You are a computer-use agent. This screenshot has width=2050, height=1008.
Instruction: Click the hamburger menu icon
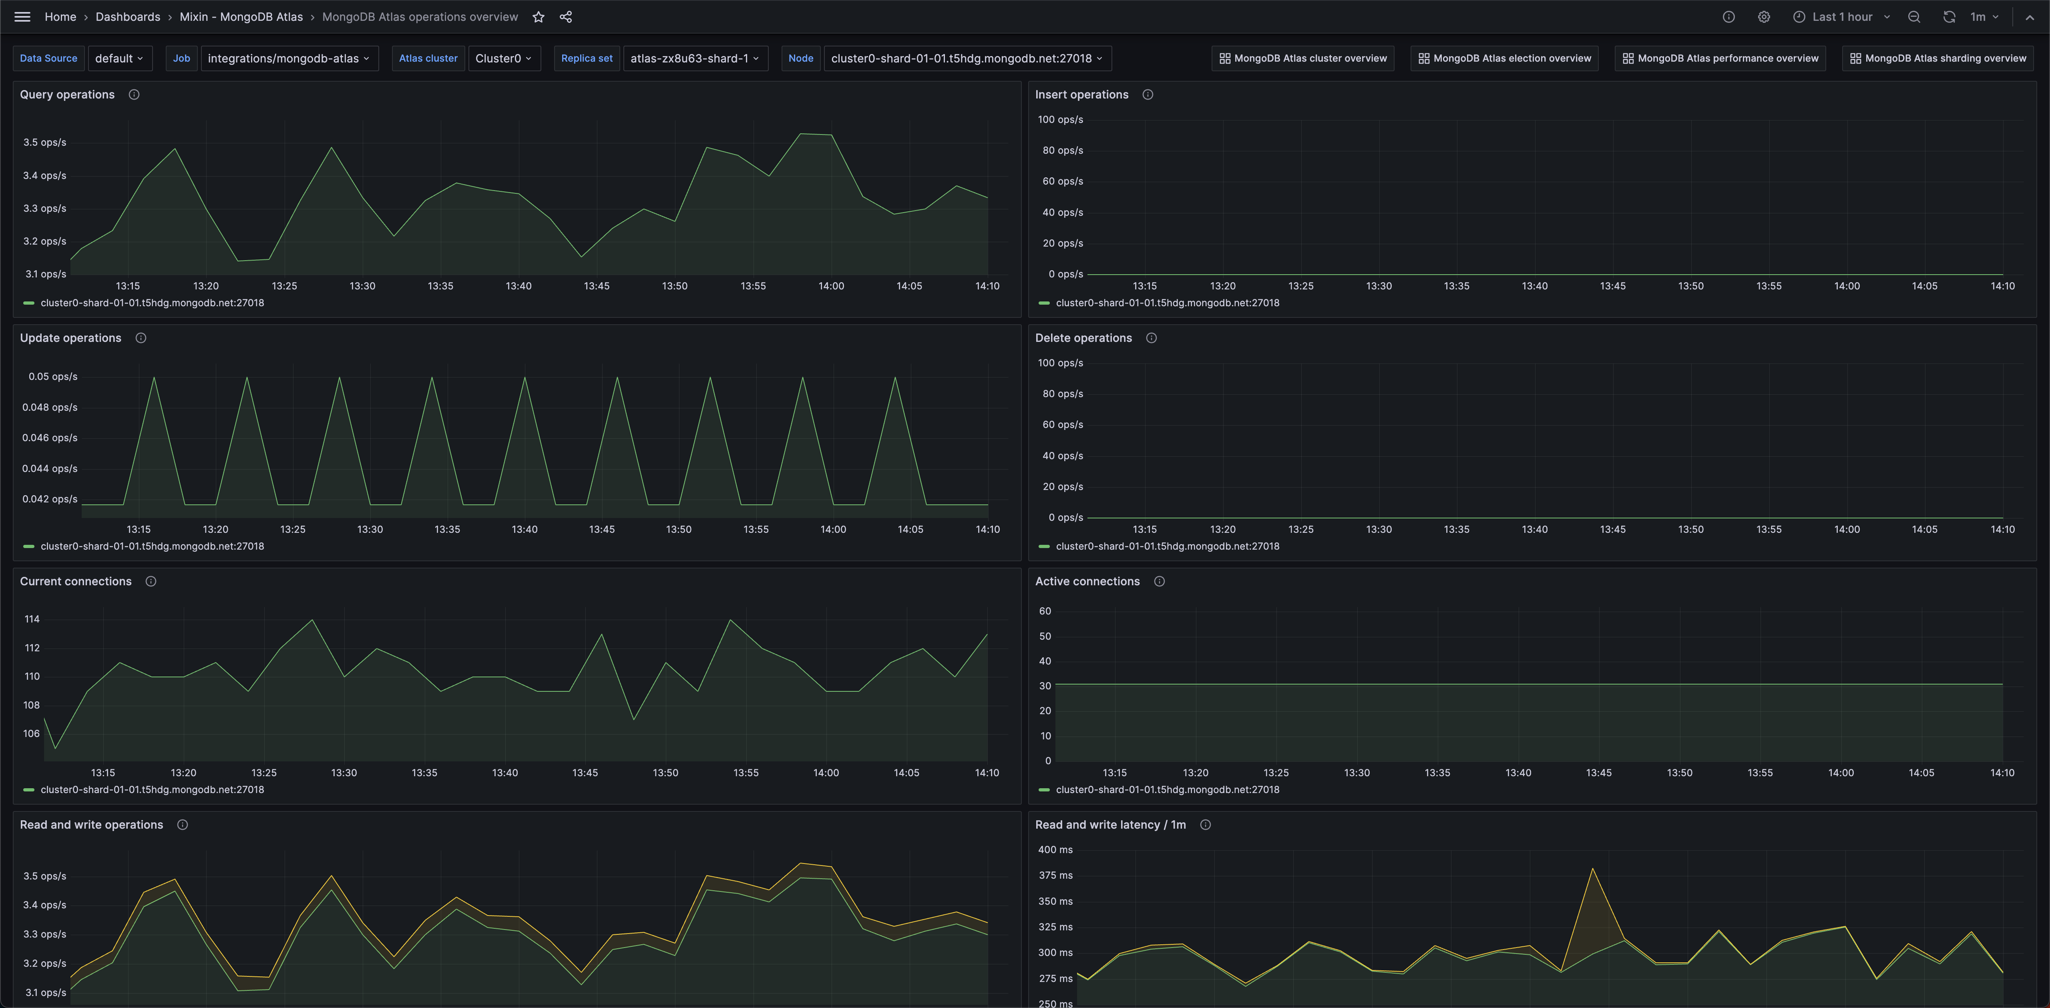point(22,17)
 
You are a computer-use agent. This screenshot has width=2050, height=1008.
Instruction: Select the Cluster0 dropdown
point(503,58)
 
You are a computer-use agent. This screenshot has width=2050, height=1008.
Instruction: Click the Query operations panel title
point(67,94)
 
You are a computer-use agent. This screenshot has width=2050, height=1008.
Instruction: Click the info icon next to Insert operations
point(1148,94)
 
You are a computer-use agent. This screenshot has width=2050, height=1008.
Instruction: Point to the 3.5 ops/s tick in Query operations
point(44,143)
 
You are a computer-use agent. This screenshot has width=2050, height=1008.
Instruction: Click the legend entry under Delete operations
point(1167,546)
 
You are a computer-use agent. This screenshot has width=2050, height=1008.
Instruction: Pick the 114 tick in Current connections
point(32,619)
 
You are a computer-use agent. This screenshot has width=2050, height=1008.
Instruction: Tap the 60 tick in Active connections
point(1045,611)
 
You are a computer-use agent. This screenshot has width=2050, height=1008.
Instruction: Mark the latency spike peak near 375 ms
point(1592,869)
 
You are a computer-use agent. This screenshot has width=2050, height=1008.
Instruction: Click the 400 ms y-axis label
point(1055,850)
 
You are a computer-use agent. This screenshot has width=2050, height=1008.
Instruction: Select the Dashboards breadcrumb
point(127,17)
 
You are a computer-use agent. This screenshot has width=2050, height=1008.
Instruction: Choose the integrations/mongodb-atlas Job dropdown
point(289,58)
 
